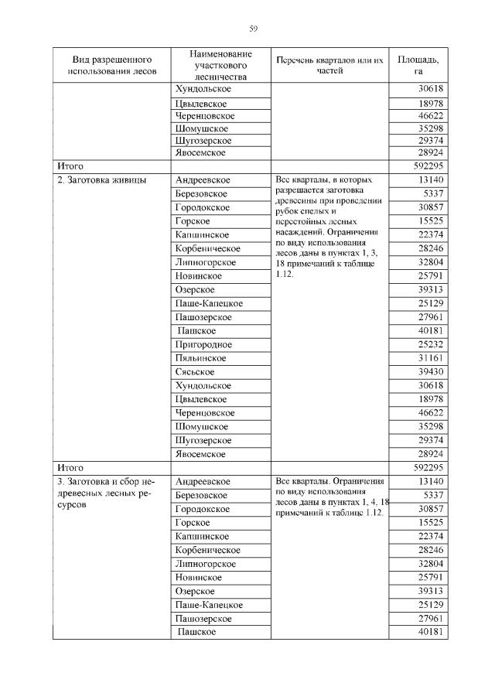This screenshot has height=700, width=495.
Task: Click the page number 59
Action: pos(253,29)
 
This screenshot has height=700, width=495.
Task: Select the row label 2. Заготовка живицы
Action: pos(97,179)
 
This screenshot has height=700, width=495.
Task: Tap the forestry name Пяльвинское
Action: pos(201,358)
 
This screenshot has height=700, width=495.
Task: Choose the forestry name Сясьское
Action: pos(194,372)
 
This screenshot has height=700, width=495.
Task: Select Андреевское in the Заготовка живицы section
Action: pos(203,179)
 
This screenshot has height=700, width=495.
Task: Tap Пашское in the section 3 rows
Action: pos(196,632)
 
